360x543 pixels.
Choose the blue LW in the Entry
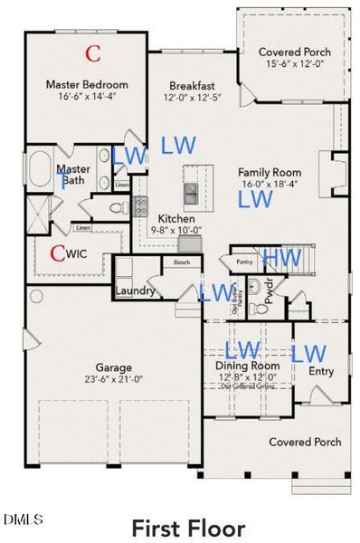(308, 352)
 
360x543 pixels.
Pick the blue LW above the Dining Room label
(242, 349)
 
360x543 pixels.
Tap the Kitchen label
(176, 219)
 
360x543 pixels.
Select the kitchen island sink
(191, 191)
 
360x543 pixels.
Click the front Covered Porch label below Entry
(306, 442)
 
